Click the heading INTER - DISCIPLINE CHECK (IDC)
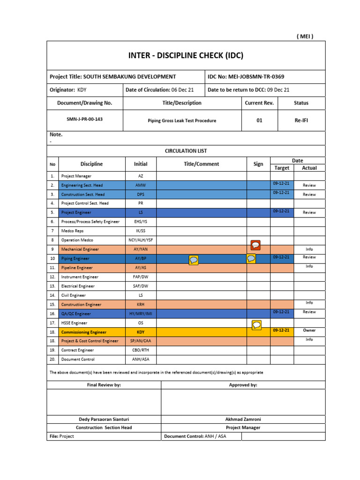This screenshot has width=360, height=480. tap(186, 55)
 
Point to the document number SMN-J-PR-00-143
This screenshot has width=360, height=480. tap(84, 119)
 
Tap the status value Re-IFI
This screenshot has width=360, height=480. tap(301, 120)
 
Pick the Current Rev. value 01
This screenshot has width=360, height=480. tap(259, 120)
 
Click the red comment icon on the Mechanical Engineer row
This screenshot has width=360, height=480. tap(255, 245)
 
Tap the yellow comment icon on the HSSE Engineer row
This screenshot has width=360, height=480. tap(256, 325)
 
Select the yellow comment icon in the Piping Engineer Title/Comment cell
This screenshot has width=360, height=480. tap(193, 260)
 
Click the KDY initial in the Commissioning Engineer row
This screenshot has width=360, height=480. tap(141, 332)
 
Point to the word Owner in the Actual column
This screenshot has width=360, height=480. tap(309, 330)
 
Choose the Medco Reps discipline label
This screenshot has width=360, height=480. tap(73, 231)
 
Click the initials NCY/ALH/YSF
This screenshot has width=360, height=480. tap(141, 240)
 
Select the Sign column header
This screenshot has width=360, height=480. tap(258, 164)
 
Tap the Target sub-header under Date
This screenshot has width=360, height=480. tap(282, 168)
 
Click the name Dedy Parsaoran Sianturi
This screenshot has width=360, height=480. tap(104, 419)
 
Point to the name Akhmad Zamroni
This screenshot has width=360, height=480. tap(243, 419)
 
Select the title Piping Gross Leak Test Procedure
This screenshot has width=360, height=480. tap(182, 120)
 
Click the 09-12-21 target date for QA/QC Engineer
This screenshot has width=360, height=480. tap(281, 311)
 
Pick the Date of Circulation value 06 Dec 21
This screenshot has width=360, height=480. tap(182, 90)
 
